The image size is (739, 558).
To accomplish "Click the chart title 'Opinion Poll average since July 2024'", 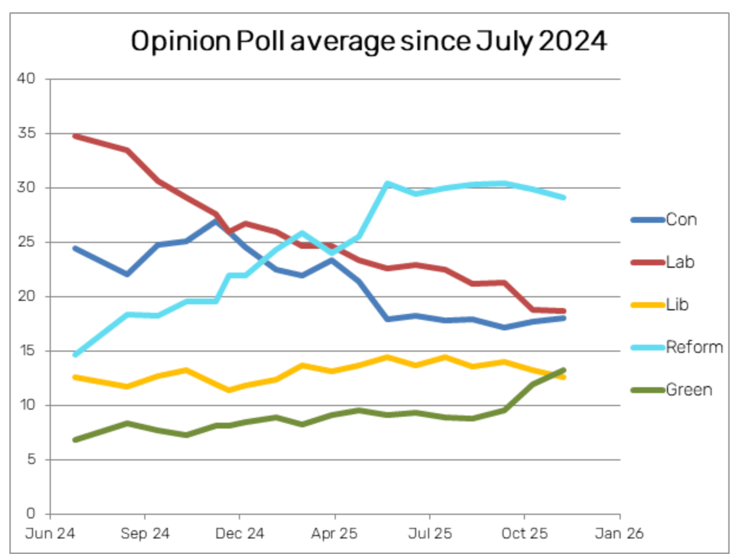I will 368,42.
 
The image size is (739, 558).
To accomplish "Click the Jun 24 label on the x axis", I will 50,534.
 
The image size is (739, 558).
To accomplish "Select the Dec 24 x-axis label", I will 239,534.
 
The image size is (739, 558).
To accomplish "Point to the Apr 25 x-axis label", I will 335,534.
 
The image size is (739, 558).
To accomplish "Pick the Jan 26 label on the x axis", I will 620,534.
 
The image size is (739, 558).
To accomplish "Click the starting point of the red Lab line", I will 75,136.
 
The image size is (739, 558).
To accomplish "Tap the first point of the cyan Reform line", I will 75,355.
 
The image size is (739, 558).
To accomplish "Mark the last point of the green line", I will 563,370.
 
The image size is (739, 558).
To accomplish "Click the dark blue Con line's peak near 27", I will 216,221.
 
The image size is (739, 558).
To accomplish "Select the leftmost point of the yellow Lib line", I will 75,377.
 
